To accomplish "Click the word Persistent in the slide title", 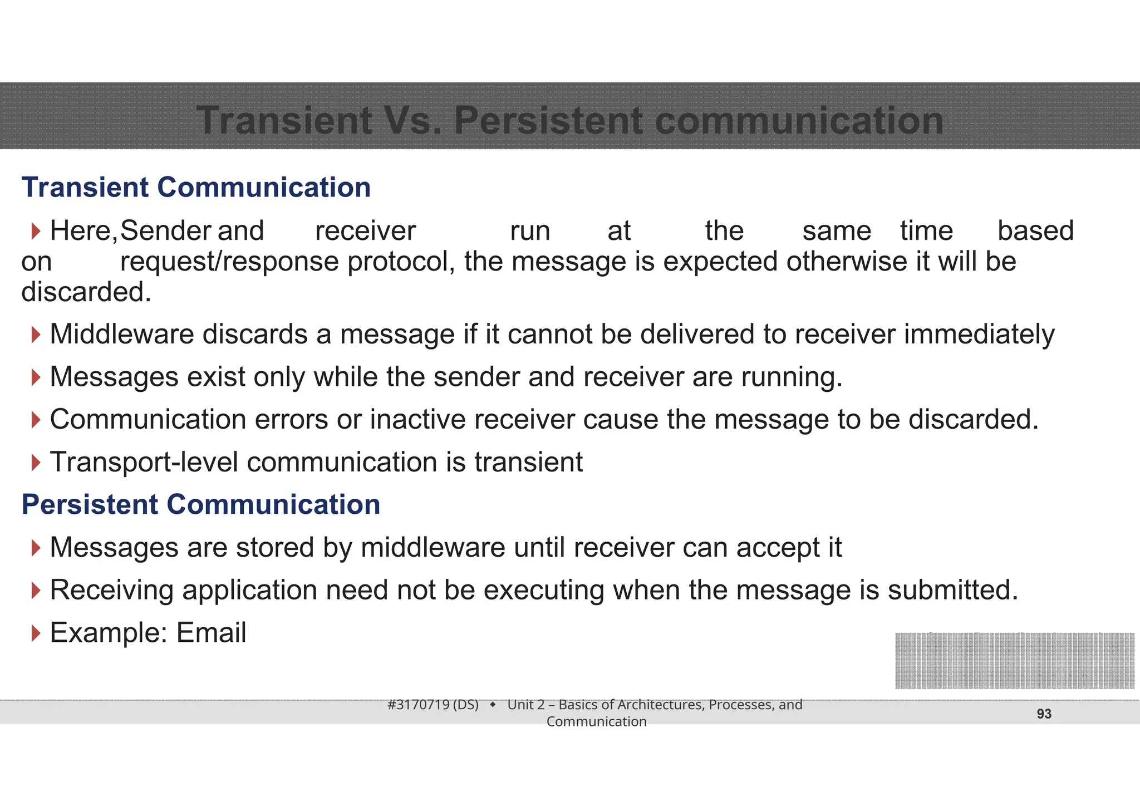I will tap(548, 121).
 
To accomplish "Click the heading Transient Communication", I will tap(196, 187).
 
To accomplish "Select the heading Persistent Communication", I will tap(201, 504).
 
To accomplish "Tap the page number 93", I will tap(1044, 714).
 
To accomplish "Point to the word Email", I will tap(211, 633).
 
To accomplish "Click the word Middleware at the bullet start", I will tap(122, 335).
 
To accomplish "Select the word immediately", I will tap(979, 335).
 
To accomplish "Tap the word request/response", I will tap(229, 262).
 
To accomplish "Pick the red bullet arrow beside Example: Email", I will tap(36, 633).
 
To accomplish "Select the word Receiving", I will tap(111, 590).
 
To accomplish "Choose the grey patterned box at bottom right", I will tap(1014, 661).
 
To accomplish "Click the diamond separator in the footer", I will tap(493, 705).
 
